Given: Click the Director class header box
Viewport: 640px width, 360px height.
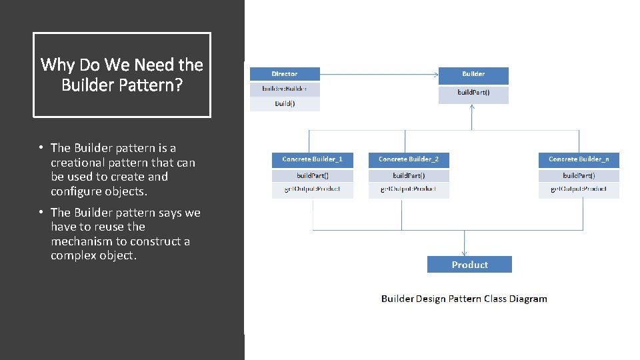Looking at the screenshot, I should tap(285, 74).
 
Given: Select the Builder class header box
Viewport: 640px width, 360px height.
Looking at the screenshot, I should tap(473, 74).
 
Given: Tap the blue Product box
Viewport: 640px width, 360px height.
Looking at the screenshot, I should tap(469, 265).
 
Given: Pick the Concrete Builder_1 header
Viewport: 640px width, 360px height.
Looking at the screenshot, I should tap(312, 159).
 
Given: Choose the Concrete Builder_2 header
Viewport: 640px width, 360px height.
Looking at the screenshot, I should tap(409, 159).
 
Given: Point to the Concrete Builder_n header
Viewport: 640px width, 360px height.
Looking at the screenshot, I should tap(579, 159).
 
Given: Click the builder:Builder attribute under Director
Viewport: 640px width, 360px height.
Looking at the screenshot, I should tap(285, 89).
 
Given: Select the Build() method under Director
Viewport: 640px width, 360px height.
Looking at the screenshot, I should tap(285, 103).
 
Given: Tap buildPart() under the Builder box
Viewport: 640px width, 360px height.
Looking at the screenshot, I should tap(473, 93).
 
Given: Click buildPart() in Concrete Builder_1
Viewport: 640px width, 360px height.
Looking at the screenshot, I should tap(312, 175).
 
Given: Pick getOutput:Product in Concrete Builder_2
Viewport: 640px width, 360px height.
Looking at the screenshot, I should tap(409, 189).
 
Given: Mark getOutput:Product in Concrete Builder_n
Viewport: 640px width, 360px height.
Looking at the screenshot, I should tap(579, 189).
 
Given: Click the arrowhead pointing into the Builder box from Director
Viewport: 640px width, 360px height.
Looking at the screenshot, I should tap(435, 74).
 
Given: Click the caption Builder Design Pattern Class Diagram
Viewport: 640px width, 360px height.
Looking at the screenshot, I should tap(464, 299).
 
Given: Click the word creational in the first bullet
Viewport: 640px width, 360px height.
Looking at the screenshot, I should tap(80, 163).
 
